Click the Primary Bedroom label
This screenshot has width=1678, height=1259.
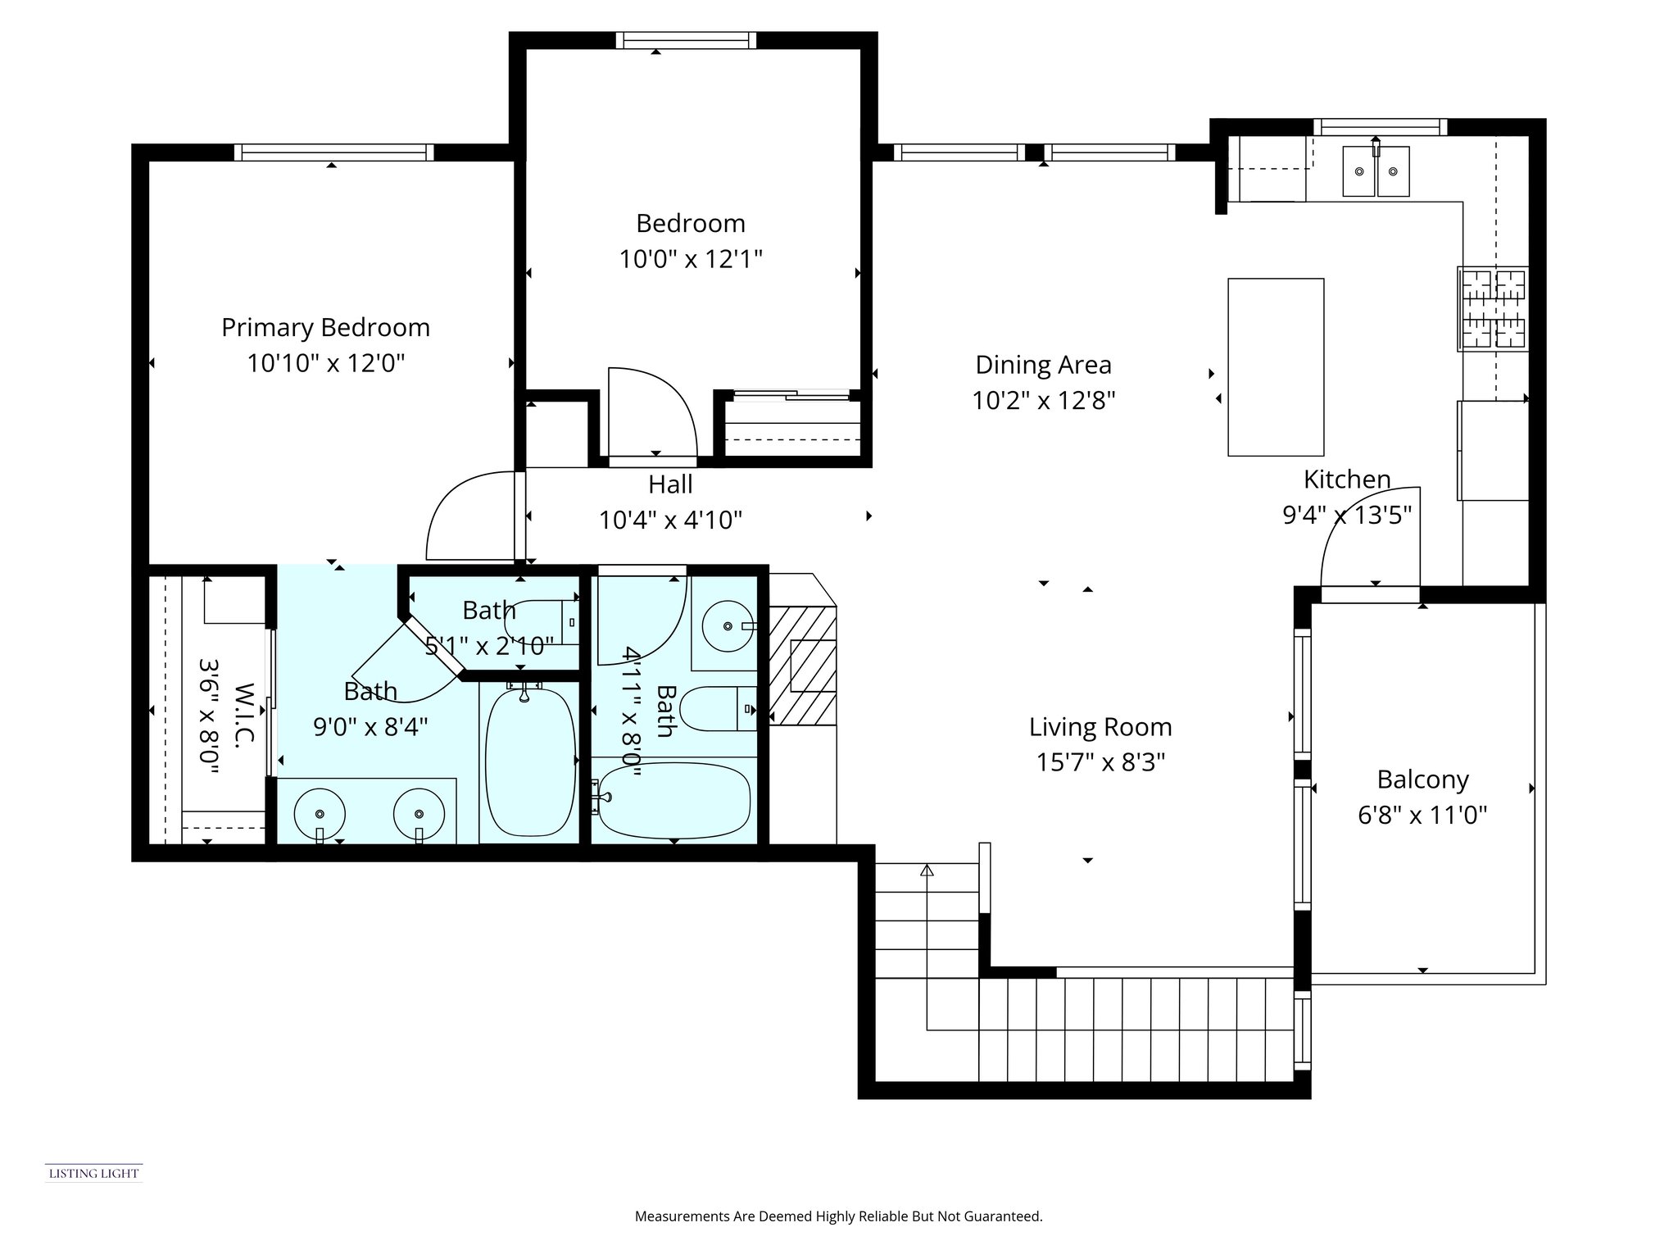(x=325, y=328)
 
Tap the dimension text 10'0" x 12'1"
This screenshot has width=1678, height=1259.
(x=690, y=260)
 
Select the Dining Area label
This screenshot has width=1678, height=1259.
(x=1043, y=365)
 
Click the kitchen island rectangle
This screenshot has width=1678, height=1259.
(x=1275, y=366)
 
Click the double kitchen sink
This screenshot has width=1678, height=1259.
(x=1376, y=171)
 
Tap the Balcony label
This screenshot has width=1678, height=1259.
(x=1422, y=779)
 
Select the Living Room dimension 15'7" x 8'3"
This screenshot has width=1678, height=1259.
(x=1100, y=763)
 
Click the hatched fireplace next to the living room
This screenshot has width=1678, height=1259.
(x=802, y=666)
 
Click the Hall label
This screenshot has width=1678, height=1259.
(x=670, y=484)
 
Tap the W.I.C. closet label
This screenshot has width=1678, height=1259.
(x=244, y=711)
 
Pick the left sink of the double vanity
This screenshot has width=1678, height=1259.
(x=320, y=813)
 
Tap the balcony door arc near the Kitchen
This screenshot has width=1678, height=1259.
(x=1370, y=533)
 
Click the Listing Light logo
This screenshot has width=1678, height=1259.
(x=93, y=1173)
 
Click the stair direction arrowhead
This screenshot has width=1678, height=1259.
(x=927, y=870)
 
